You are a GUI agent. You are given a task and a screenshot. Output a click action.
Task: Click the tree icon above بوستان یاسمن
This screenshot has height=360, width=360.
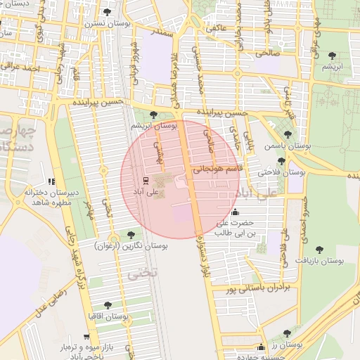(x=287, y=134)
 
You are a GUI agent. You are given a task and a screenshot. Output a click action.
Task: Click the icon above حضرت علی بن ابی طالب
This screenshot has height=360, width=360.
(x=235, y=212)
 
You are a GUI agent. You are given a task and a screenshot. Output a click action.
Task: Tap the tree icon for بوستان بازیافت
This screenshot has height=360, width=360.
(x=319, y=249)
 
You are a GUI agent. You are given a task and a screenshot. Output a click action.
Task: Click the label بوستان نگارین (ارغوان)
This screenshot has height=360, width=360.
(x=130, y=246)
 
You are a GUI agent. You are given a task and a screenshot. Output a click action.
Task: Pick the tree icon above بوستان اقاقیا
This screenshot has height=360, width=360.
(x=107, y=305)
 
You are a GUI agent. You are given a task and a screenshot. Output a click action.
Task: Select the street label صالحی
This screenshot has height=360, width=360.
(x=268, y=52)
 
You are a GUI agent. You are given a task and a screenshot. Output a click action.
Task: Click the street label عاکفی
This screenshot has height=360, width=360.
(x=216, y=27)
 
